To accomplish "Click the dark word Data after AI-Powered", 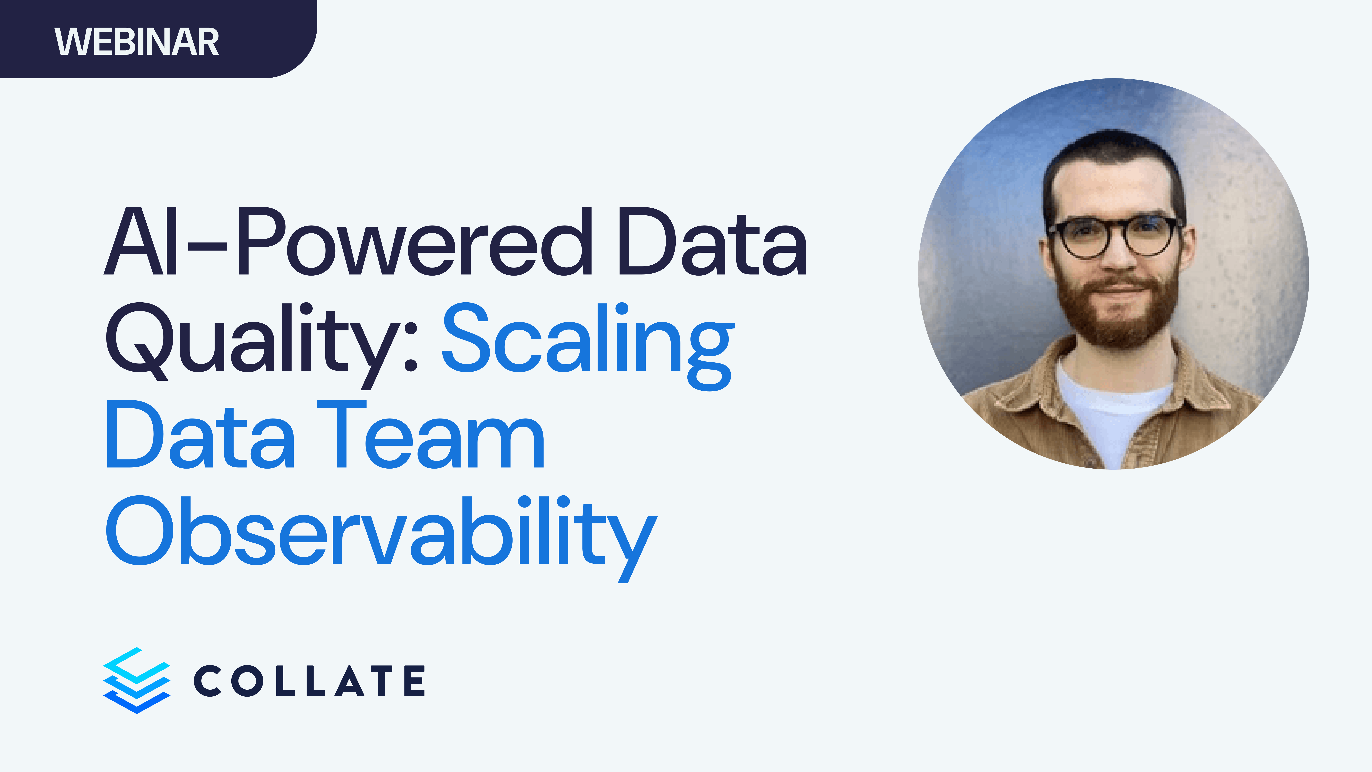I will coord(711,243).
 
